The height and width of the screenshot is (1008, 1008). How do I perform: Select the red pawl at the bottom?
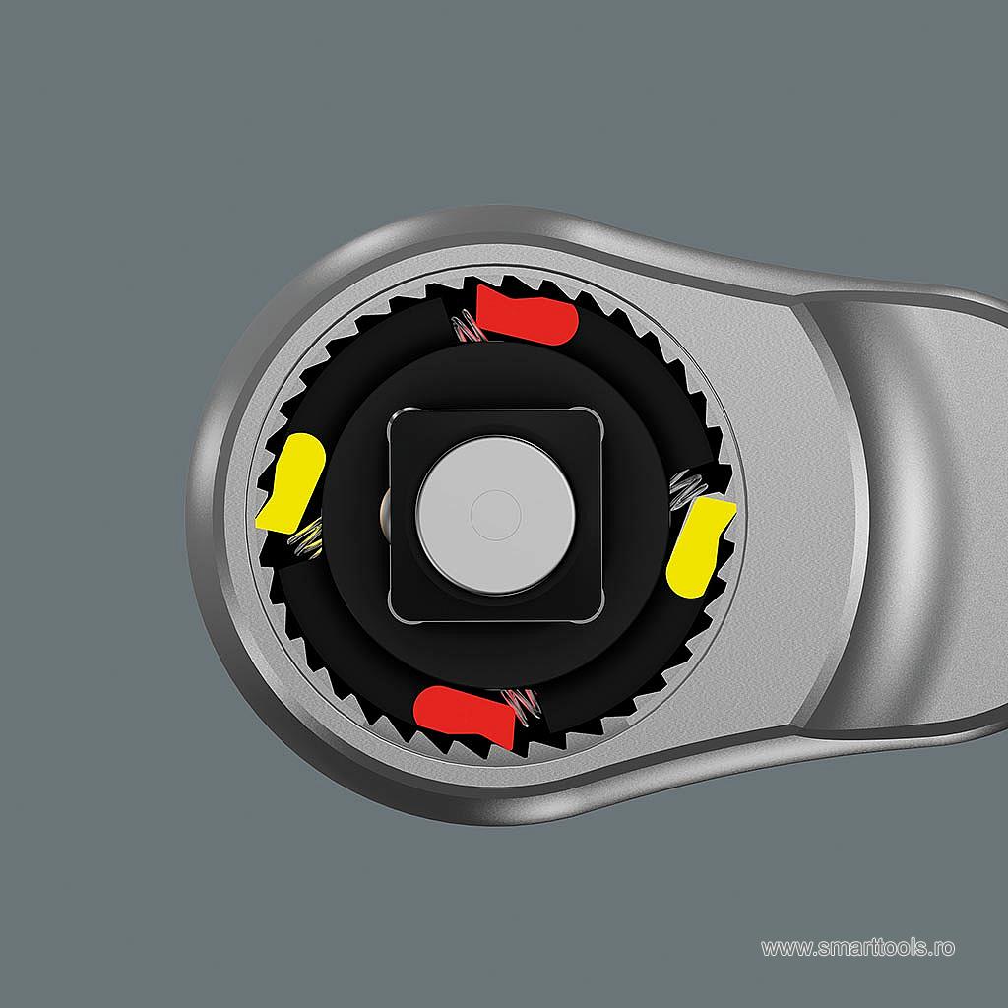pos(465,716)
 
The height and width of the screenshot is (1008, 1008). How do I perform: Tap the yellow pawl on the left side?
pos(291,482)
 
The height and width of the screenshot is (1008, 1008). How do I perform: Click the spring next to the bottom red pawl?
pos(522,705)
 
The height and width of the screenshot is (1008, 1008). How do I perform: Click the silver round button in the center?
pos(496,515)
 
